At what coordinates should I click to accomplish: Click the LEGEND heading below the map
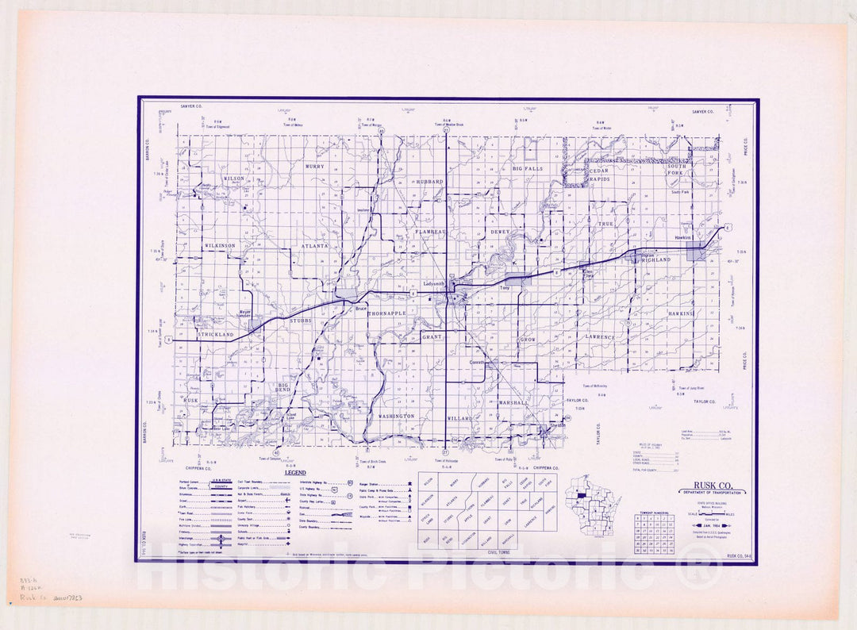pyautogui.click(x=295, y=473)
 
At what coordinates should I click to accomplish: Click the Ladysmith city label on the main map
pyautogui.click(x=435, y=283)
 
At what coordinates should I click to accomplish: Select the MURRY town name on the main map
pyautogui.click(x=314, y=167)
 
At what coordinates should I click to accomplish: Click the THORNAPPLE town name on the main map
pyautogui.click(x=386, y=314)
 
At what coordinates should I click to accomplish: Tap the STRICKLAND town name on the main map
pyautogui.click(x=215, y=336)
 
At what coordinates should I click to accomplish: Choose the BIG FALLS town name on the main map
pyautogui.click(x=528, y=169)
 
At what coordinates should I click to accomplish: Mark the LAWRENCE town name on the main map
pyautogui.click(x=601, y=337)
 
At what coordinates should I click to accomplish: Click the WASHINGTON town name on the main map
pyautogui.click(x=396, y=416)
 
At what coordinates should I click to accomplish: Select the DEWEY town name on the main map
pyautogui.click(x=500, y=232)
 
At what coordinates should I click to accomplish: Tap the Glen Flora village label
pyautogui.click(x=589, y=275)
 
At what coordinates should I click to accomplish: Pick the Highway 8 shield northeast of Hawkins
pyautogui.click(x=728, y=227)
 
